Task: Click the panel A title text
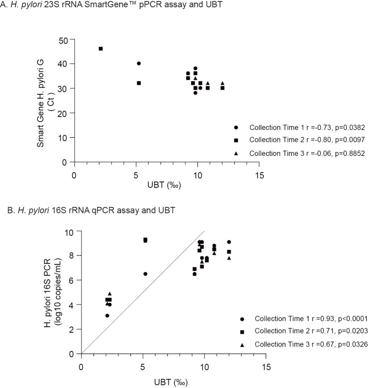111,5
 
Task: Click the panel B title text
91,210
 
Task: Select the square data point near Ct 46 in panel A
101,49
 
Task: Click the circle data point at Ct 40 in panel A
139,63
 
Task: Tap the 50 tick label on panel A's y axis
63,41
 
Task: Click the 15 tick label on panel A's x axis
259,176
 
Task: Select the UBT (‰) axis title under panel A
164,185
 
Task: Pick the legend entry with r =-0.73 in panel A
299,127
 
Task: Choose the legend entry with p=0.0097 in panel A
299,140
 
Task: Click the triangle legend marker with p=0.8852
236,153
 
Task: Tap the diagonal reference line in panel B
143,292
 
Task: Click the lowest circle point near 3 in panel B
107,315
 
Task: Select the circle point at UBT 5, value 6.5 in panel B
146,274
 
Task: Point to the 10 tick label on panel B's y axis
69,232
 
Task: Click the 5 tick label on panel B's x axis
142,367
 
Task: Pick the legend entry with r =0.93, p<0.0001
304,319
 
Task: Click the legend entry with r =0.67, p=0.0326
304,344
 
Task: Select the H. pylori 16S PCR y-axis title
51,293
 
